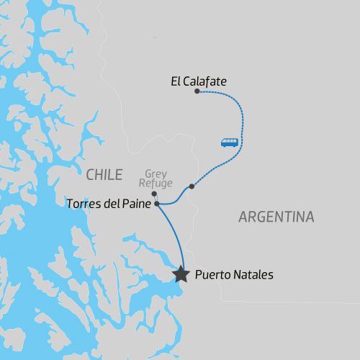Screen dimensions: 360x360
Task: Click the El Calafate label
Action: (x=199, y=82)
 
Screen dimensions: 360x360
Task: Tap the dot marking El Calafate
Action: (x=197, y=91)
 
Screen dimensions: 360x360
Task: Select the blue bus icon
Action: (x=229, y=142)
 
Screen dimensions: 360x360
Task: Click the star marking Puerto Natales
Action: (x=181, y=274)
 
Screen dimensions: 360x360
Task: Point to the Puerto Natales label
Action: (x=234, y=274)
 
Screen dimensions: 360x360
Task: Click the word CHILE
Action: (x=104, y=174)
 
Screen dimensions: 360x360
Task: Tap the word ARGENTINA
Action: (x=276, y=217)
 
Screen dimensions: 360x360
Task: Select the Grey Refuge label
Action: (x=156, y=179)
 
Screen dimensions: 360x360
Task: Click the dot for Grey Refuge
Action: (x=155, y=194)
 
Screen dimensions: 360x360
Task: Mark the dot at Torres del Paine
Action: (x=157, y=204)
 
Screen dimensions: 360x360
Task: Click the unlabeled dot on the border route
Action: (x=192, y=186)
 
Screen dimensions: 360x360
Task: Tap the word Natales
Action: (x=253, y=274)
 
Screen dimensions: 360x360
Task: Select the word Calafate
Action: (x=205, y=82)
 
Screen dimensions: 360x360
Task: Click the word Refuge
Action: (x=156, y=184)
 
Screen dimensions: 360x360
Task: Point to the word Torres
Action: (x=83, y=204)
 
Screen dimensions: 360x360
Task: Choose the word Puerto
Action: (x=213, y=274)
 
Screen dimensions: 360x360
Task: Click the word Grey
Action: (x=156, y=174)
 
